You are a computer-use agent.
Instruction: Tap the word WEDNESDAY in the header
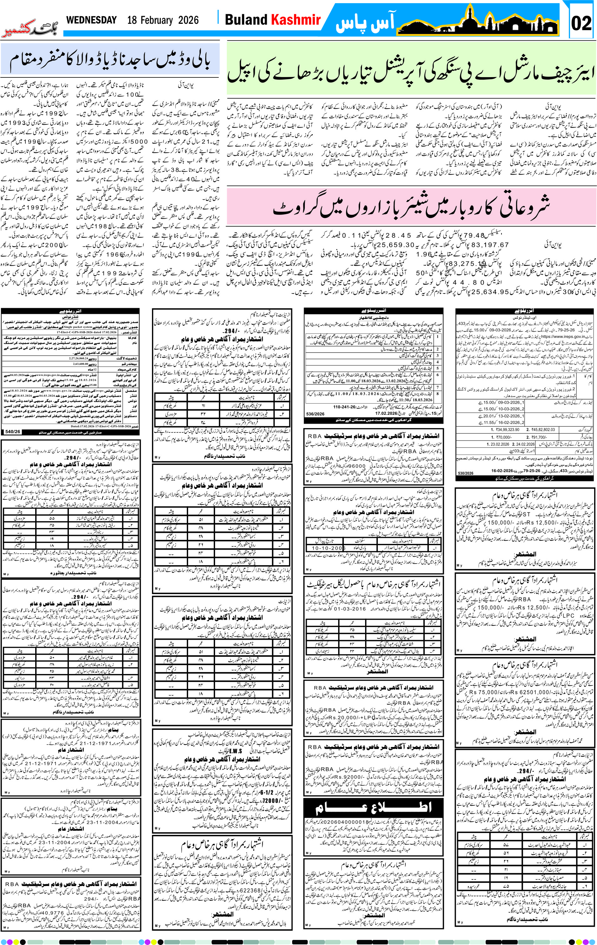[x=91, y=20]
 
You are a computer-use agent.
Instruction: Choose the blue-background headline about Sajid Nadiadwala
[x=110, y=59]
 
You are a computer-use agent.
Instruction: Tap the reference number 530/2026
[x=466, y=473]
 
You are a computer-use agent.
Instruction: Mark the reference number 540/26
[x=13, y=431]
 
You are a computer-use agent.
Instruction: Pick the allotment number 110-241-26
[x=347, y=407]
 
